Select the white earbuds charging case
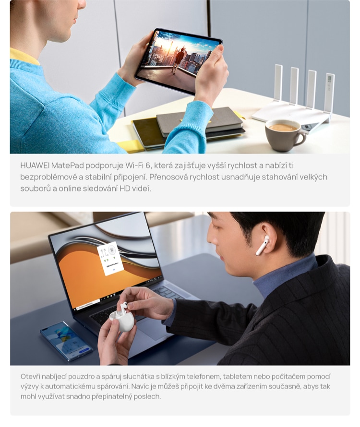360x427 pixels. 122,320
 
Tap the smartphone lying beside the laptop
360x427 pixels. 67,341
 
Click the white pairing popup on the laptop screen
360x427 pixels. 110,259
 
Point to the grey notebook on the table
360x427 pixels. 199,121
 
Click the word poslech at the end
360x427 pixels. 149,396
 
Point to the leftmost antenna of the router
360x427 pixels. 278,83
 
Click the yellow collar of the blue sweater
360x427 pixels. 24,56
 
